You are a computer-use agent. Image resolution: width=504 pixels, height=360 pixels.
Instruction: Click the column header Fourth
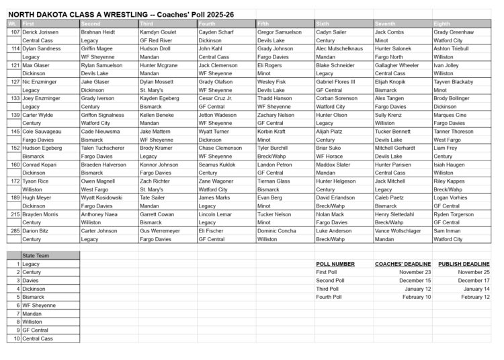[207, 24]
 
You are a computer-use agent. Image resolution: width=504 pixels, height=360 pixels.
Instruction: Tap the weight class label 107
[16, 32]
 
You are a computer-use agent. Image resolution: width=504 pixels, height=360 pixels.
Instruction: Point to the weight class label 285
[15, 230]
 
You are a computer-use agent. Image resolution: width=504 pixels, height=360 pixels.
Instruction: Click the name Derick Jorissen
[40, 32]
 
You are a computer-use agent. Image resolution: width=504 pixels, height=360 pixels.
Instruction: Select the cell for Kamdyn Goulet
[157, 32]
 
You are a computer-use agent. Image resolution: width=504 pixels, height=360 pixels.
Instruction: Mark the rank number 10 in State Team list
[15, 338]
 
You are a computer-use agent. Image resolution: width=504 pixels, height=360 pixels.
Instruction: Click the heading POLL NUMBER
[335, 264]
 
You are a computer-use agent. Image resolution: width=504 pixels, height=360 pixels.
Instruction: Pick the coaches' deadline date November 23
[413, 272]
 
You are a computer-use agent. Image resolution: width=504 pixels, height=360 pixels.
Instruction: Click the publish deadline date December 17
[472, 280]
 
